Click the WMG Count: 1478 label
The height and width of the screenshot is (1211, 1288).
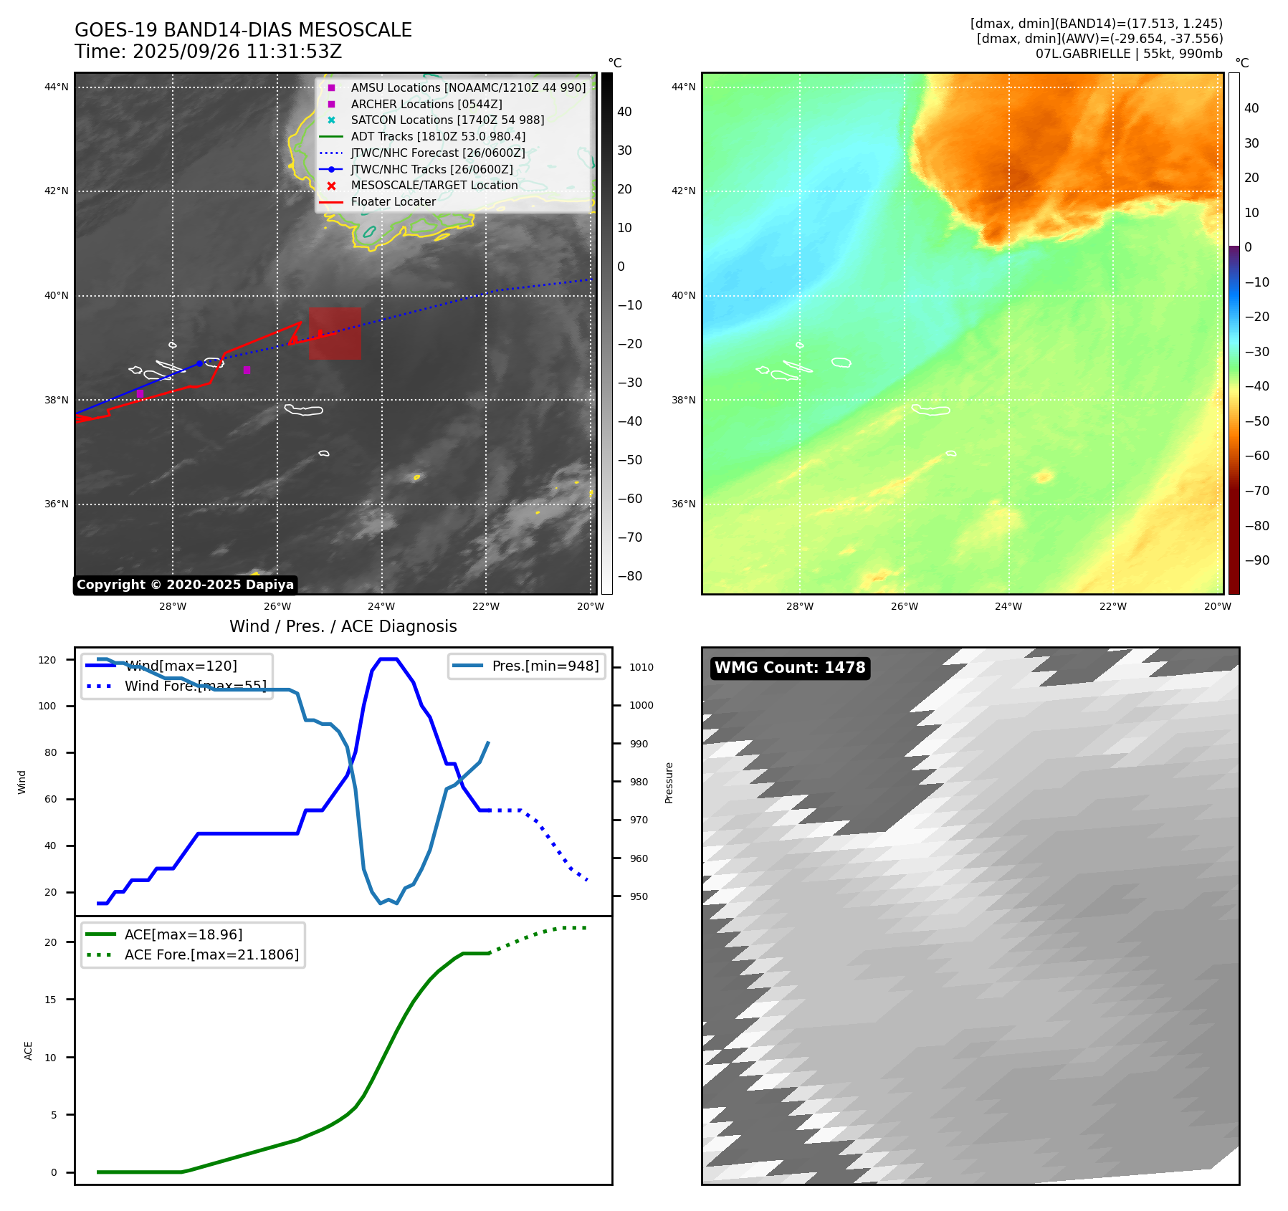[790, 668]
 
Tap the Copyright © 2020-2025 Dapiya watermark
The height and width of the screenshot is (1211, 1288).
[185, 585]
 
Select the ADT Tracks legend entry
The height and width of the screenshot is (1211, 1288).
[437, 136]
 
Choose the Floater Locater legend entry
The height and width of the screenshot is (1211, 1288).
[393, 202]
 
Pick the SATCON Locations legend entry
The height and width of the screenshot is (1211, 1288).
[447, 120]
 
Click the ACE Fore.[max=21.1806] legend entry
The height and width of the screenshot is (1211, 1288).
[211, 954]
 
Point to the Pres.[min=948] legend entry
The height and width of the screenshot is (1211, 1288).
[545, 666]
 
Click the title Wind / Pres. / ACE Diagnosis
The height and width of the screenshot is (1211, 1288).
[343, 626]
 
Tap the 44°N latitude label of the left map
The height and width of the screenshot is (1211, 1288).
[57, 87]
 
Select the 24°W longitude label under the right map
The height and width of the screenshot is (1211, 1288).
[1008, 606]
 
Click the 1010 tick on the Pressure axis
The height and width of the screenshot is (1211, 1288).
[641, 667]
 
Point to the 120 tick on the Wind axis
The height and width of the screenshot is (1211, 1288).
[47, 660]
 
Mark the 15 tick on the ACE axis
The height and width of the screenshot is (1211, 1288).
[50, 1000]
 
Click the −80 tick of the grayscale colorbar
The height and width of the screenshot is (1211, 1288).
[630, 576]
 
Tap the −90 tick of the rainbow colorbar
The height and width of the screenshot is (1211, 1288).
[1256, 560]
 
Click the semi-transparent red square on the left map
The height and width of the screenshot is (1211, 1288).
[335, 333]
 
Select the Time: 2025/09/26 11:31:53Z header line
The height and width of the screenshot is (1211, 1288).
[208, 52]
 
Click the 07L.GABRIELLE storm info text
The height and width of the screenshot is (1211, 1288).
[1129, 54]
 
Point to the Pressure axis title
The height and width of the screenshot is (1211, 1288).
[669, 782]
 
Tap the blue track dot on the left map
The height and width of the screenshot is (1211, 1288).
[200, 364]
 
